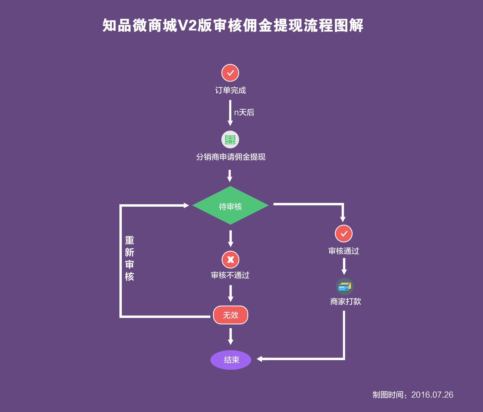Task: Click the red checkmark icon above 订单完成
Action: (x=230, y=73)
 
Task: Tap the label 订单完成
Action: (x=230, y=90)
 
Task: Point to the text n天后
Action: (x=244, y=112)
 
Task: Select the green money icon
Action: (x=230, y=139)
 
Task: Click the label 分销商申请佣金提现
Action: (x=230, y=157)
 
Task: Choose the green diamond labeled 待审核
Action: (x=230, y=206)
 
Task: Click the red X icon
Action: (x=230, y=260)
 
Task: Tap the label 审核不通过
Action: (x=230, y=275)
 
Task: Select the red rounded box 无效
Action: (x=230, y=315)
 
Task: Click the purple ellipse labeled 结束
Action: (x=231, y=360)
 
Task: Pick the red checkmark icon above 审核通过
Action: (x=344, y=234)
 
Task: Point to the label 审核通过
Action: (x=344, y=251)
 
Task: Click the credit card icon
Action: (x=345, y=286)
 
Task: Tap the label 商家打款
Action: (x=346, y=302)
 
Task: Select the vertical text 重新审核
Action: (x=129, y=258)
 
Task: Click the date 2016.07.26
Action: (x=432, y=395)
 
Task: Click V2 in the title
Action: (x=187, y=26)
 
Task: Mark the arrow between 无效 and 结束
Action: (x=230, y=336)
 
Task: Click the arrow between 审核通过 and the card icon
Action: (x=344, y=266)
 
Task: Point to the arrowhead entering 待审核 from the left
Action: (x=186, y=206)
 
